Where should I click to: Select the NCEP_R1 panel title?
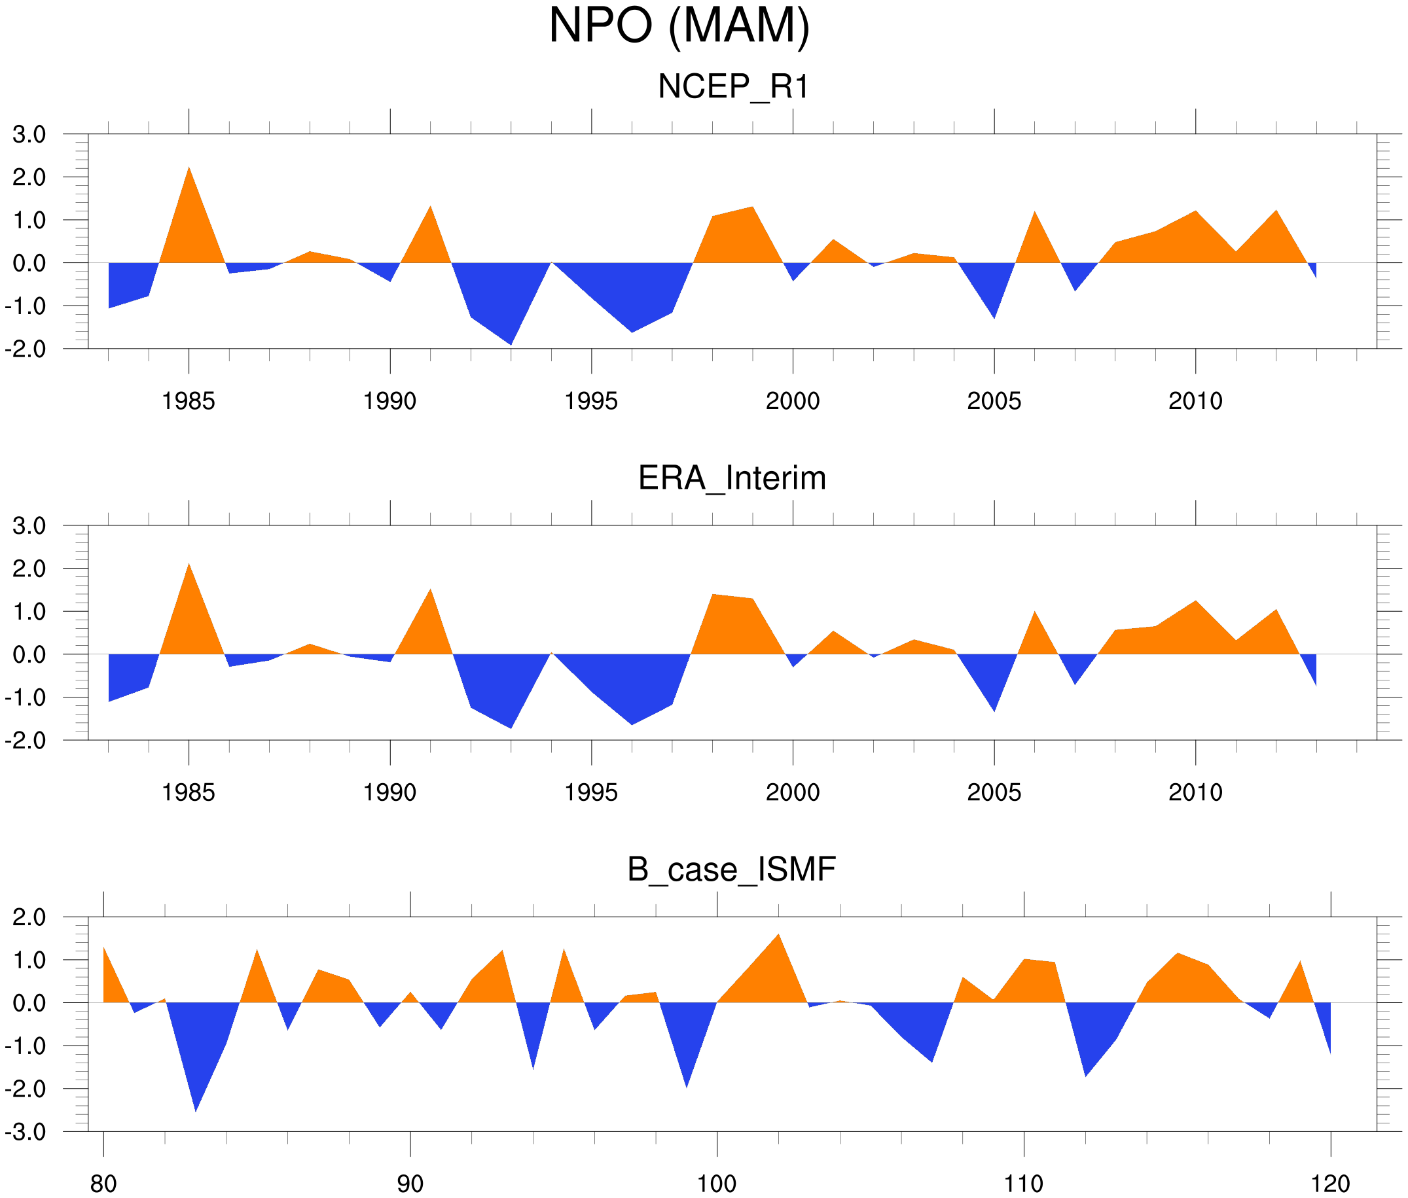tap(733, 87)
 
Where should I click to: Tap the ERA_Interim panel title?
tap(732, 478)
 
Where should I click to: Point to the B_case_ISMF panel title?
tap(731, 870)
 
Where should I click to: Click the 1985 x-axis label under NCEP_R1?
tap(189, 401)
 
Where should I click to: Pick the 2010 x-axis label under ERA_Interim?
tap(1195, 792)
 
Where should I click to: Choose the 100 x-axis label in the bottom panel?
tap(717, 1184)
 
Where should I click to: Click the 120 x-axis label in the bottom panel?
tap(1331, 1184)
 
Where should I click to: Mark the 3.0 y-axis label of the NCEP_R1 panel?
tap(29, 135)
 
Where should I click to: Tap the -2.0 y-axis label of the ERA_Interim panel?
tap(26, 741)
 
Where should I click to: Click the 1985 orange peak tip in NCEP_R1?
tap(189, 167)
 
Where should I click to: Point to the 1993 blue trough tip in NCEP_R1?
tap(511, 344)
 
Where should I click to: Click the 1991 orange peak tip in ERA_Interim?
tap(431, 590)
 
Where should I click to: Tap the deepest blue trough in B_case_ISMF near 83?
tap(196, 1111)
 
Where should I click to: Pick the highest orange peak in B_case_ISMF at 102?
tap(779, 934)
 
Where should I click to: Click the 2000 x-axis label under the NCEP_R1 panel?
tap(792, 401)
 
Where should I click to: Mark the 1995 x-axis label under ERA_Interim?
tap(591, 792)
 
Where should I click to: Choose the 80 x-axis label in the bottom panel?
tap(103, 1184)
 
